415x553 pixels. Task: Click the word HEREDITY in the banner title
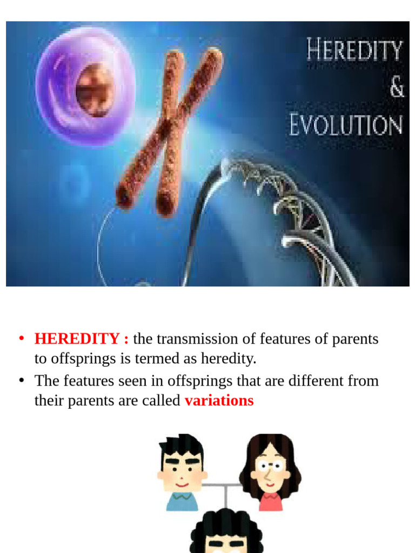(x=354, y=51)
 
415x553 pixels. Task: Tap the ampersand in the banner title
(x=397, y=87)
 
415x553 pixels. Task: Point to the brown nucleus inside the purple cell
(x=95, y=90)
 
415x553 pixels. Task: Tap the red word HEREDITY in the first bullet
(x=77, y=339)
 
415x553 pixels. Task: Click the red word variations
(x=219, y=401)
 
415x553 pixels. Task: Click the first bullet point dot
(x=22, y=339)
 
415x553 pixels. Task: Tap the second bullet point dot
(x=22, y=380)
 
